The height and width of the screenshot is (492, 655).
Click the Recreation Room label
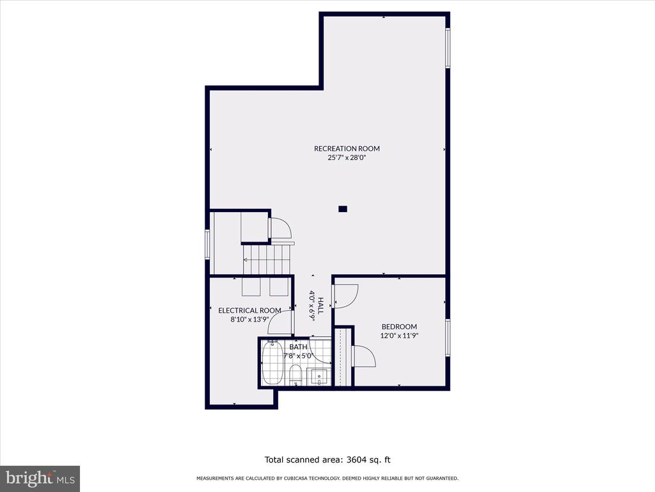347,149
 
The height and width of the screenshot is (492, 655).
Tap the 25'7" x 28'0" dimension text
347,158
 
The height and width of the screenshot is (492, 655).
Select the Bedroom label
399,327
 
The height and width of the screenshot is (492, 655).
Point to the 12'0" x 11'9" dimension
399,336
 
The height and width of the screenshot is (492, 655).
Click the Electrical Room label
249,311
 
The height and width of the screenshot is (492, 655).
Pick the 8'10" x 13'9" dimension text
249,320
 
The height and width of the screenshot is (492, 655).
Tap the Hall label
320,306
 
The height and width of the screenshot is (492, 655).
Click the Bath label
298,347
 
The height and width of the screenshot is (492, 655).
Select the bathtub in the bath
272,363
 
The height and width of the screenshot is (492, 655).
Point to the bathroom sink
319,377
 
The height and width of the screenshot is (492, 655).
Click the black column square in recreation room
343,209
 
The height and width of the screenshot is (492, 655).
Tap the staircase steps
267,260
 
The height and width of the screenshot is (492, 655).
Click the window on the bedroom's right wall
447,338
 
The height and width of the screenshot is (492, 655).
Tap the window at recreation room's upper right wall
447,47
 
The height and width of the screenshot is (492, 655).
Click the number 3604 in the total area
356,460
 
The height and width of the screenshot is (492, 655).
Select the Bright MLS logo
40,478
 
